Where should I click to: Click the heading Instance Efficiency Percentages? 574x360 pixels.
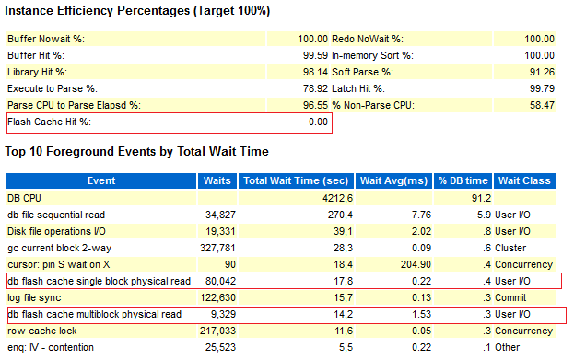coord(138,11)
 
